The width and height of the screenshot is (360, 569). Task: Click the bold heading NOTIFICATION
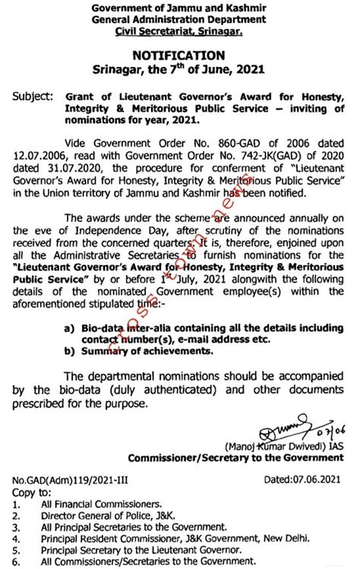[x=178, y=55]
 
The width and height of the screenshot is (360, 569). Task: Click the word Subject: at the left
[x=34, y=96]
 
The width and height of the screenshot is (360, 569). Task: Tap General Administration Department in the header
[x=179, y=19]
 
